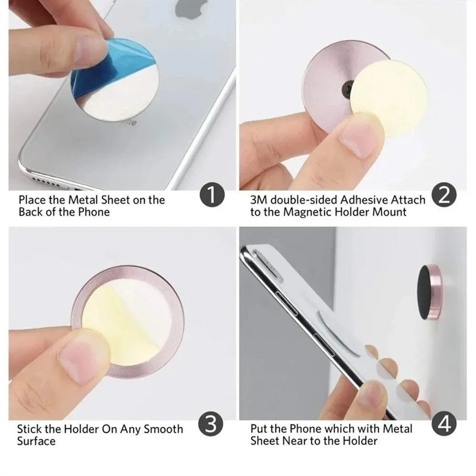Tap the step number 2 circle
tap(444, 196)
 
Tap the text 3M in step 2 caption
tap(259, 199)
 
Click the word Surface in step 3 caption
tap(36, 441)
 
